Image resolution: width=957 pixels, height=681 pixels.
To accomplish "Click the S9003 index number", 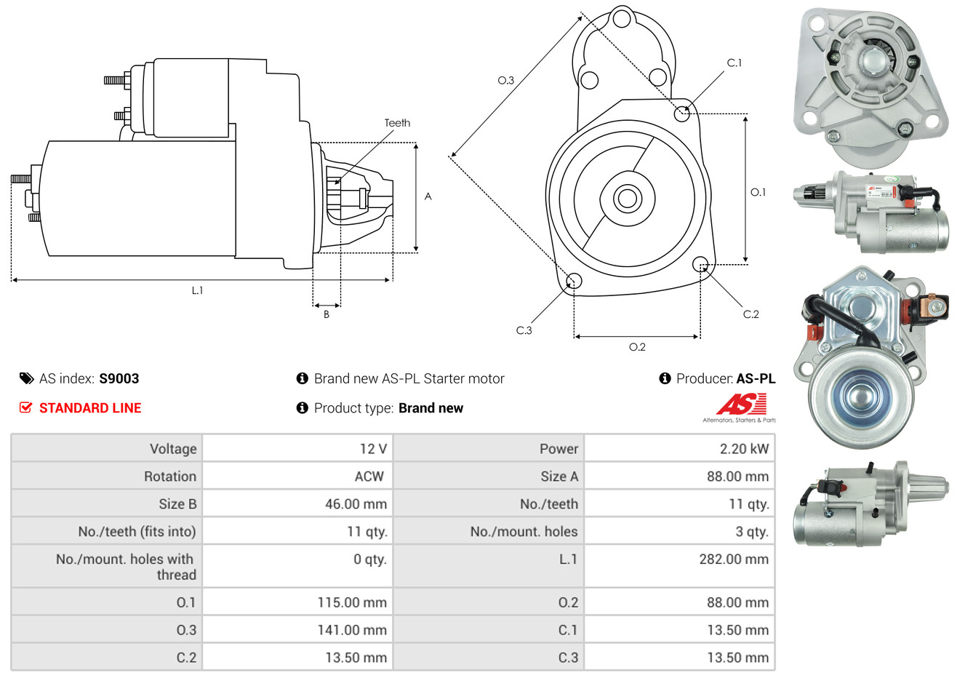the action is pos(119,379).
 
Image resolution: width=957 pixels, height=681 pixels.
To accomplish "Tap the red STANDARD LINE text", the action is pos(90,408).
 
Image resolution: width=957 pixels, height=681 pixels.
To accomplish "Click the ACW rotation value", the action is pos(369,477).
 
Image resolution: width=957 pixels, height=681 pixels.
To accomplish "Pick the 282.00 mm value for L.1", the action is pos(734,559).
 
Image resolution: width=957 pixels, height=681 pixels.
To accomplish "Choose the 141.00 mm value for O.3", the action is pos(352,630).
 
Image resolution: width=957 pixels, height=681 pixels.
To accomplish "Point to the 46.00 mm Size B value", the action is pos(356,504).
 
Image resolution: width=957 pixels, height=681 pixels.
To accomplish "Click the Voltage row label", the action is pos(173,449).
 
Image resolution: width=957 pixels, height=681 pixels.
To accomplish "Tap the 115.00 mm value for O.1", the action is pos(352,602).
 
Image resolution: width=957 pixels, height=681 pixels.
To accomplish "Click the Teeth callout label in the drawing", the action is pos(397,123).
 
